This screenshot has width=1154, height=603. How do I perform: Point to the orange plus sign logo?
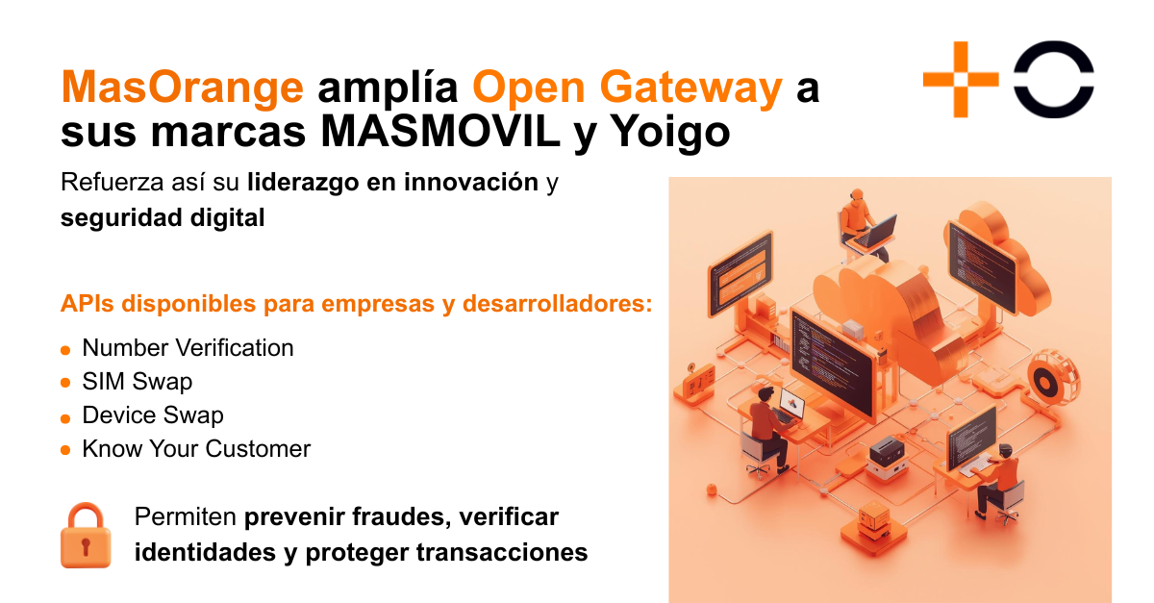[961, 80]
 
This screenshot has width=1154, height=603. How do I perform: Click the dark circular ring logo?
[1054, 80]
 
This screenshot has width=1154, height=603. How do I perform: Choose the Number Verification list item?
[188, 348]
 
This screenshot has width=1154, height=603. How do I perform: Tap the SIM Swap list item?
[137, 382]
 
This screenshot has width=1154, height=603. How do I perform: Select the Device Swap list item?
[152, 415]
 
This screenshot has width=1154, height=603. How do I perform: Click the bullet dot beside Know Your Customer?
[65, 450]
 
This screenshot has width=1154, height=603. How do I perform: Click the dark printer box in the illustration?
[886, 449]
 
